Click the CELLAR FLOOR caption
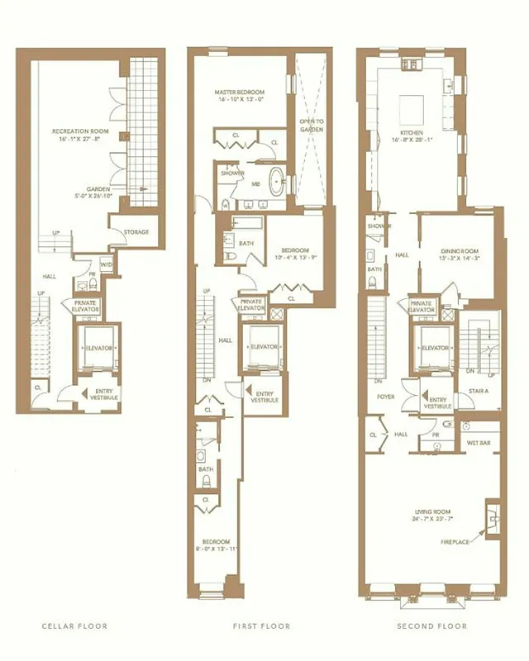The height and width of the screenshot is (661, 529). pyautogui.click(x=75, y=626)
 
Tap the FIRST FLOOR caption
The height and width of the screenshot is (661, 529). pyautogui.click(x=261, y=626)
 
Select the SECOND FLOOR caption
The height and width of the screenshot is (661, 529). pyautogui.click(x=431, y=626)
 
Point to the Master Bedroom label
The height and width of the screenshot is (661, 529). pyautogui.click(x=240, y=94)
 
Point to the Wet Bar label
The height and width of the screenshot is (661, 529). pyautogui.click(x=478, y=442)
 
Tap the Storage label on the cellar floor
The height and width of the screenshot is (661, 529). pyautogui.click(x=136, y=232)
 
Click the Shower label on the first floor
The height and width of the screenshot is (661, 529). pyautogui.click(x=229, y=174)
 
